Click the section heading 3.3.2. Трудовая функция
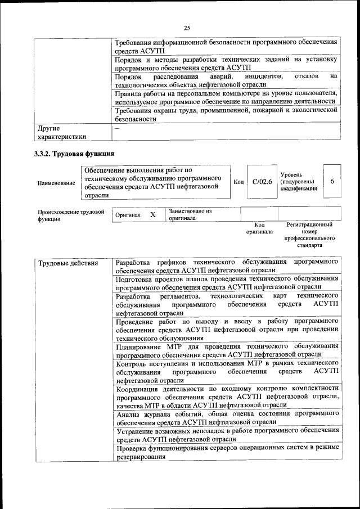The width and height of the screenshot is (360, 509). click(x=74, y=153)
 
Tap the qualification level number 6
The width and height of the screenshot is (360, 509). click(x=332, y=182)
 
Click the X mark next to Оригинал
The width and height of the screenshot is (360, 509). click(x=152, y=215)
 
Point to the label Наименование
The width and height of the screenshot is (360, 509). click(x=56, y=183)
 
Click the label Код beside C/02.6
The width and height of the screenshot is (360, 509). click(x=238, y=182)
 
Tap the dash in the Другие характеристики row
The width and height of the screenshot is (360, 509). click(x=117, y=128)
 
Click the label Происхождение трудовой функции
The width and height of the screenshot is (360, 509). click(x=71, y=215)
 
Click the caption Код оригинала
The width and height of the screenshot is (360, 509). click(x=259, y=228)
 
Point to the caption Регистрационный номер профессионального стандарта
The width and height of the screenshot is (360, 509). click(x=309, y=235)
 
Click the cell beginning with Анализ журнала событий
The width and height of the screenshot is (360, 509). click(x=227, y=417)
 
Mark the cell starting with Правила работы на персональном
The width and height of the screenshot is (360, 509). click(x=227, y=97)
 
